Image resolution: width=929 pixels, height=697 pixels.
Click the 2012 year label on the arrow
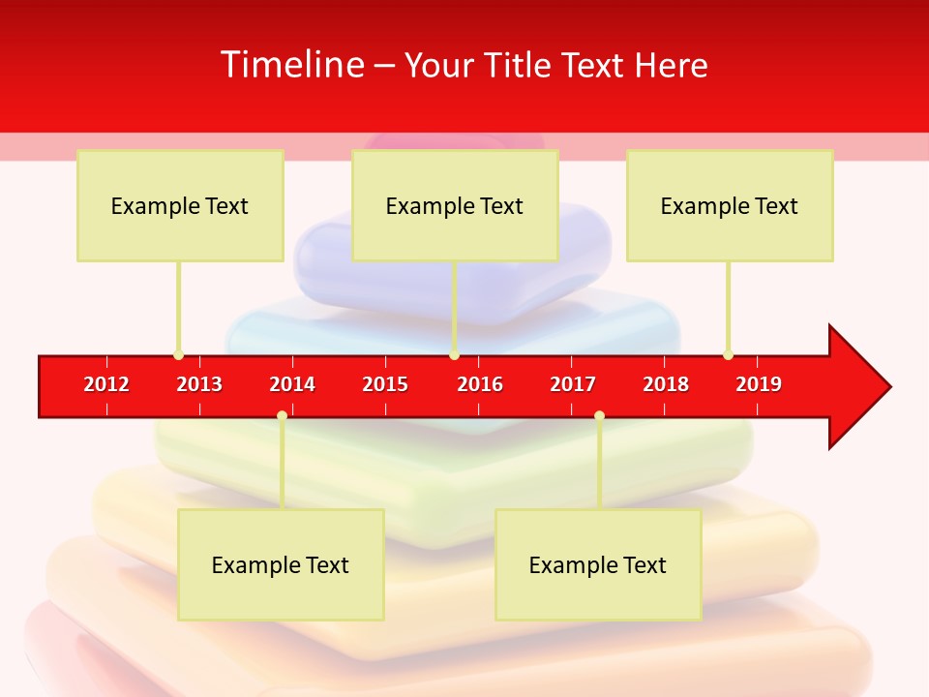[106, 384]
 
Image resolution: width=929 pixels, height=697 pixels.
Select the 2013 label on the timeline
[199, 384]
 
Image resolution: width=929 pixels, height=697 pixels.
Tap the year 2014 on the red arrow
[292, 384]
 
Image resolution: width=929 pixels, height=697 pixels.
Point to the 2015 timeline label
[385, 384]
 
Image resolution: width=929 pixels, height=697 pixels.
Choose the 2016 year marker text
[480, 384]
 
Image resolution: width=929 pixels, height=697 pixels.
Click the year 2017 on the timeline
[573, 384]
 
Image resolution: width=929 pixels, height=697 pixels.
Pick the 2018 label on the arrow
[666, 384]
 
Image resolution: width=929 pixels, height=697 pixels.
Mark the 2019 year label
[759, 384]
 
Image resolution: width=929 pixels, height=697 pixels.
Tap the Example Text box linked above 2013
[180, 205]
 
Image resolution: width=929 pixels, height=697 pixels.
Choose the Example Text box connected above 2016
[455, 205]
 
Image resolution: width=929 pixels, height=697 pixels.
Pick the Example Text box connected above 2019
[730, 205]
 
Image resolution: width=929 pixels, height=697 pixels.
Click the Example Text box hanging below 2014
[281, 564]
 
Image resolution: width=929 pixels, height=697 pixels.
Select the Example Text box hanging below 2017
[598, 564]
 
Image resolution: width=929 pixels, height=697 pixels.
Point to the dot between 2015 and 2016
[455, 355]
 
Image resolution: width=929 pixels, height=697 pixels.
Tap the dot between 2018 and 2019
[729, 355]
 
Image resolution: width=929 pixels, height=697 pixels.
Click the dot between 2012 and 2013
[179, 355]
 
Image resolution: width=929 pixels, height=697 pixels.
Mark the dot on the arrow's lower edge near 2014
[282, 415]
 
